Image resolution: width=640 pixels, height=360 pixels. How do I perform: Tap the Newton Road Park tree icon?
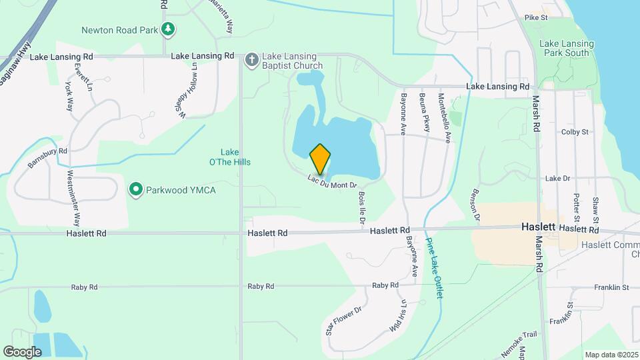(169, 29)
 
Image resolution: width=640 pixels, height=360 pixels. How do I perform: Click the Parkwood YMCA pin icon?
(137, 190)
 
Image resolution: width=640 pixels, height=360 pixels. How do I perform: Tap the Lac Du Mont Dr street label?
(333, 181)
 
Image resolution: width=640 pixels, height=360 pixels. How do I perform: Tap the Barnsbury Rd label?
(48, 157)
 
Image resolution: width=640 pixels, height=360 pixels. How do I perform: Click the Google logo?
(23, 351)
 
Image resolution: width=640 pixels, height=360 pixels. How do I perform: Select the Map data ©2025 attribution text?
(611, 354)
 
